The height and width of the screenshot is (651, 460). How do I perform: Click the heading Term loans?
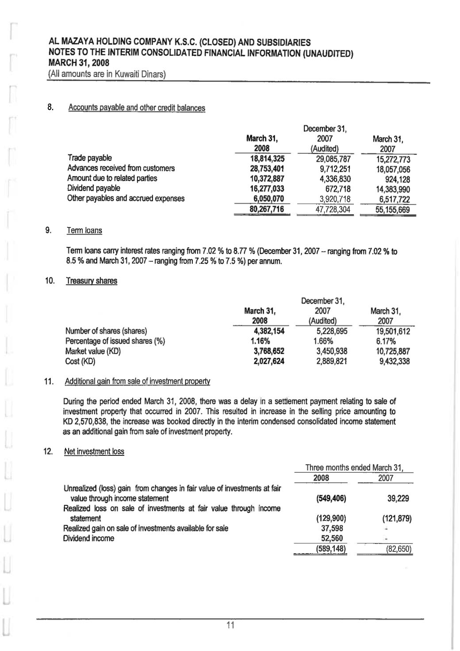coord(84,231)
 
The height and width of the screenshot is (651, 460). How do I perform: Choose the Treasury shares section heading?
coord(91,281)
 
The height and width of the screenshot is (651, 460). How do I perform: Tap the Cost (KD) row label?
coord(80,362)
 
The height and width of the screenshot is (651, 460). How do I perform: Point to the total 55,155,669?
coord(392,210)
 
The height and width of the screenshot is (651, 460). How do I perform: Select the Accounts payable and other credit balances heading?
coord(137,108)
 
